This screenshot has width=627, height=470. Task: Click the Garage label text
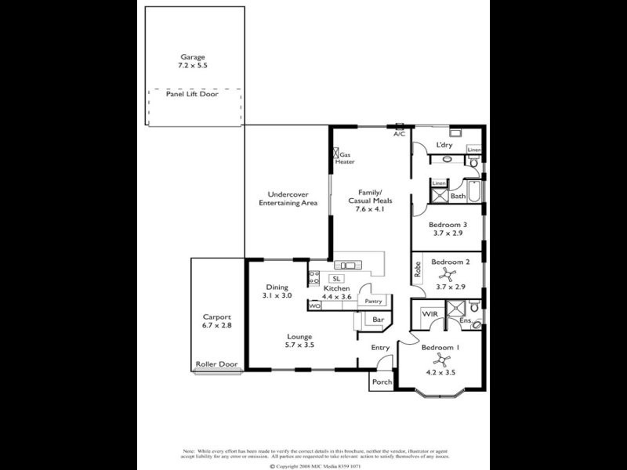click(193, 57)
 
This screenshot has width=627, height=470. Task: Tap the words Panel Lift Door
click(193, 92)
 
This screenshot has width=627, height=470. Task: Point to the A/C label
click(400, 134)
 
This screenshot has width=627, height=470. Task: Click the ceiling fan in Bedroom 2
click(449, 273)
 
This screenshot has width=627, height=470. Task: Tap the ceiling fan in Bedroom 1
click(443, 360)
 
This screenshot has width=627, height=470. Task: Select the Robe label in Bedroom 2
click(419, 270)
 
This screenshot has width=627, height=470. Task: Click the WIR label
click(429, 313)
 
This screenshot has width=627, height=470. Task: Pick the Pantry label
click(373, 301)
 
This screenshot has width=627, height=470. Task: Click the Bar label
click(377, 320)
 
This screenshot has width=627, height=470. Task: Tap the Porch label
click(381, 382)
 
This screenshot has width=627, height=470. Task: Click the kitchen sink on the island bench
click(347, 265)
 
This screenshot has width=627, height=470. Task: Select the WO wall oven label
click(315, 305)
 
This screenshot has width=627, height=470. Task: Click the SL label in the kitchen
click(336, 278)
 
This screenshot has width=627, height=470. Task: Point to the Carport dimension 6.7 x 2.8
click(217, 325)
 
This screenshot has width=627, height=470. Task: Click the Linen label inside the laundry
click(473, 150)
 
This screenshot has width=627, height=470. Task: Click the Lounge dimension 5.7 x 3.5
click(299, 345)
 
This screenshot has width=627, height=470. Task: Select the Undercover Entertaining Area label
click(288, 198)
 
